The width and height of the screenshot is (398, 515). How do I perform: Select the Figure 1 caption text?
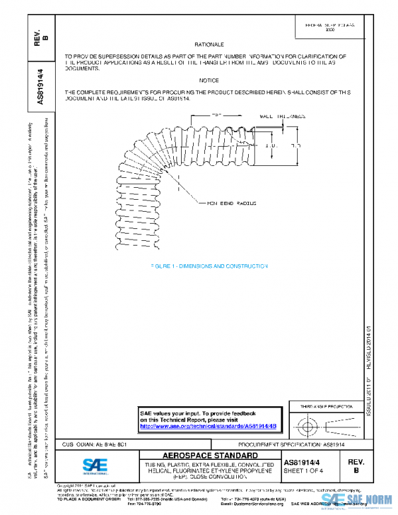(208, 265)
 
